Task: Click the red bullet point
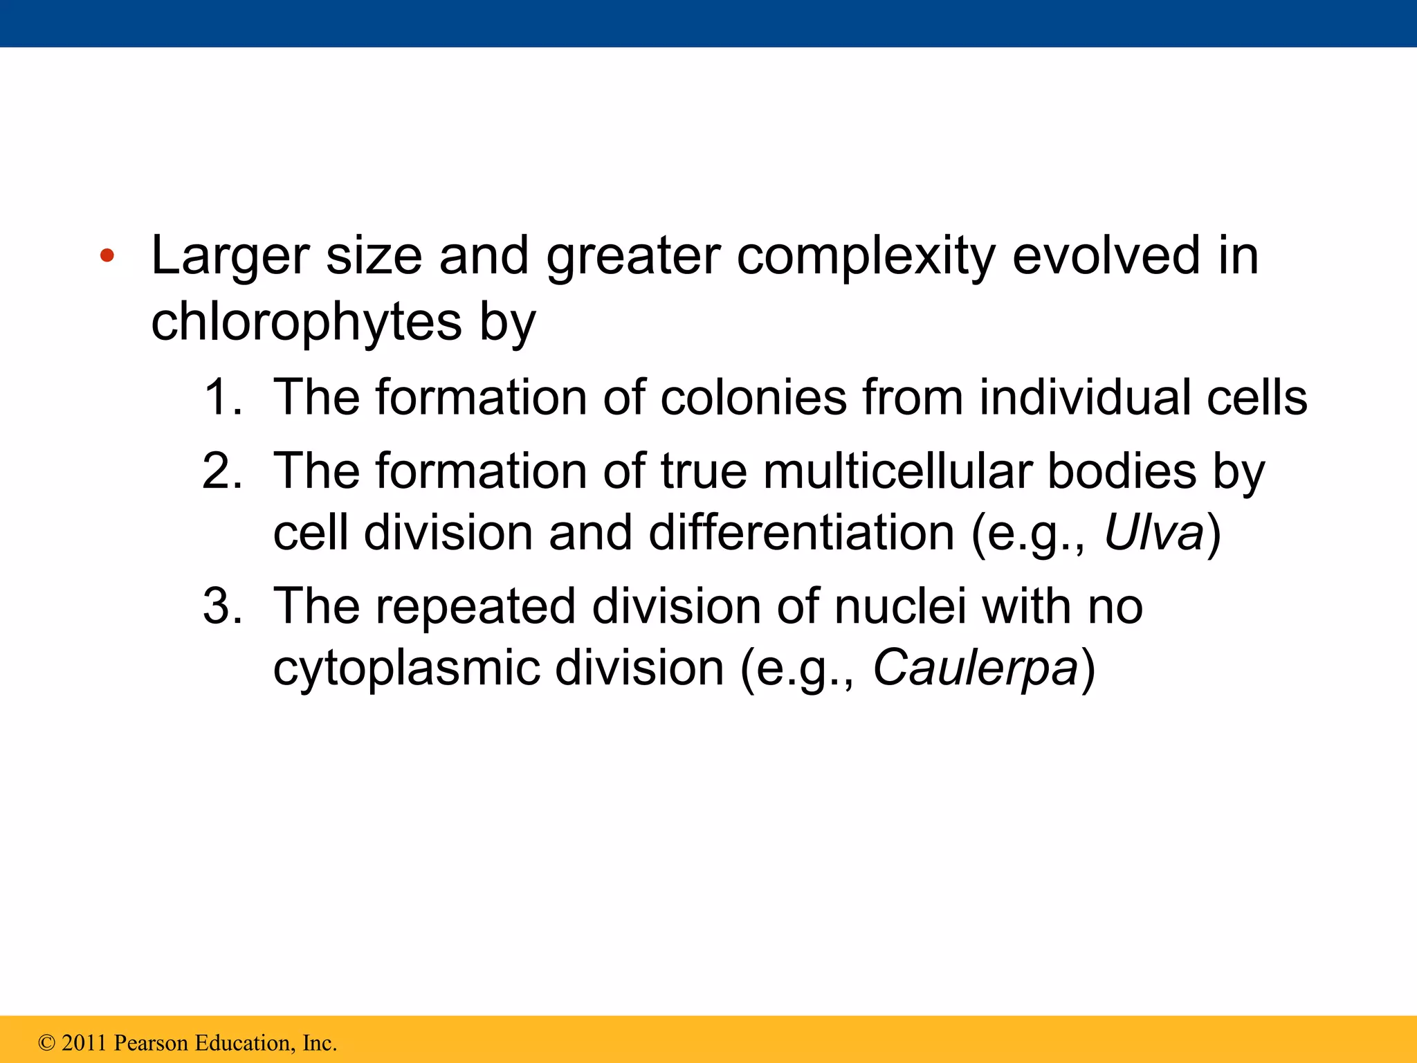tap(107, 256)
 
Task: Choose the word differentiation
tap(802, 533)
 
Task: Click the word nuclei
tap(899, 607)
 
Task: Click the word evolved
tap(1106, 256)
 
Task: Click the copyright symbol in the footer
tap(46, 1043)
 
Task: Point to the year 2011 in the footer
tap(84, 1043)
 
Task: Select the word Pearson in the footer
tap(152, 1043)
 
